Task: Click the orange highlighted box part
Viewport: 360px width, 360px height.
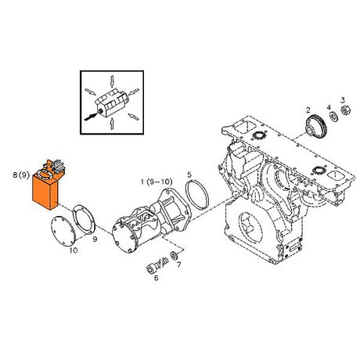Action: point(45,192)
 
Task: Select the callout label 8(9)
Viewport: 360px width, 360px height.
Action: point(21,175)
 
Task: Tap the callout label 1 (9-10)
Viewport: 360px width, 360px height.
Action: point(157,182)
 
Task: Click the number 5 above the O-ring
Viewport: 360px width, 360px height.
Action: point(189,175)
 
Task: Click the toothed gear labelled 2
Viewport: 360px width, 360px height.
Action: point(316,126)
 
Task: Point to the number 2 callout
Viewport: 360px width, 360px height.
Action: point(308,110)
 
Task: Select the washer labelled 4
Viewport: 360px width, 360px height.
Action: point(333,116)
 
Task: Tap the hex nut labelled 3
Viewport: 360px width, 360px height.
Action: point(346,110)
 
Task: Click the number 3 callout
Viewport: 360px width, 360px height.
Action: point(343,100)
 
